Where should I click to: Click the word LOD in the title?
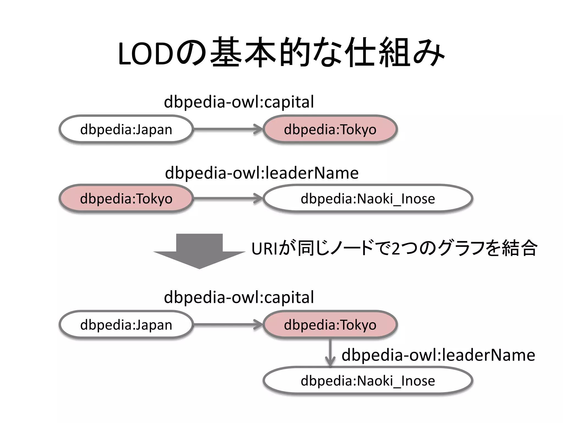point(146,54)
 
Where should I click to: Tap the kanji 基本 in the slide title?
point(243,52)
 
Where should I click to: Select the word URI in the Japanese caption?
point(265,249)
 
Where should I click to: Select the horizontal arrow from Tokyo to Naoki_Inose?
point(228,198)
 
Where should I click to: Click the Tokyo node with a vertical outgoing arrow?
point(330,325)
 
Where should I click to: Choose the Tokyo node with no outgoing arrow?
point(330,129)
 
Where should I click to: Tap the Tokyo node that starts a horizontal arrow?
point(126,198)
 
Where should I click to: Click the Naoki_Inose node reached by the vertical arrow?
point(368,381)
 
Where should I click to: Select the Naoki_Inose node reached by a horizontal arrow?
point(368,198)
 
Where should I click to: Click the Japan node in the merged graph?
point(126,325)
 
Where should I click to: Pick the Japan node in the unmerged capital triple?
point(126,129)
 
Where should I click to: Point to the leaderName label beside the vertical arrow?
point(438,355)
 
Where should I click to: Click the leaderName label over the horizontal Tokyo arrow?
point(262,173)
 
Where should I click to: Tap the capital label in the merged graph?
point(239,297)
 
